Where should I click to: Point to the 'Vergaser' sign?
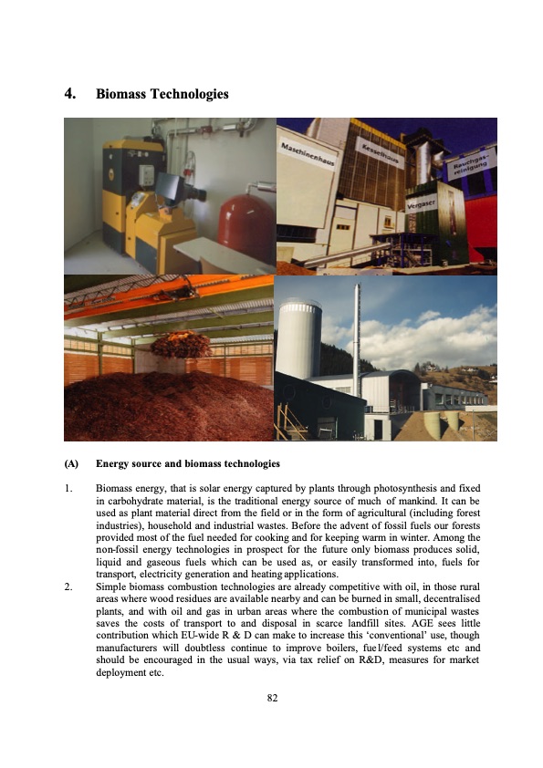tap(423, 202)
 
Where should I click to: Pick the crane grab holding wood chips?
tap(180, 344)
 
